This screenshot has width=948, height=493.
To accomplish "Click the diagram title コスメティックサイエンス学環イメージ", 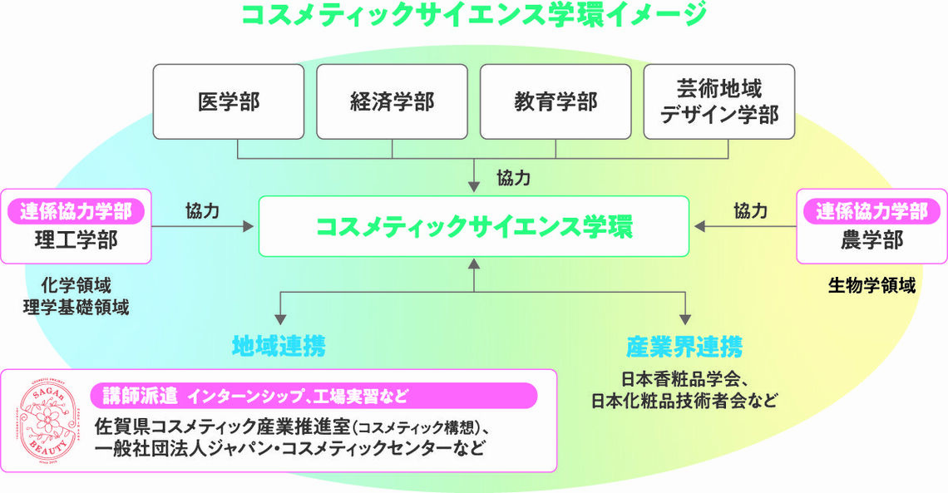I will click(x=473, y=14).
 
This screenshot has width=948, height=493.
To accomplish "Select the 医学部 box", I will click(x=229, y=101).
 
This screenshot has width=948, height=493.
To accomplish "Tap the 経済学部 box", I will click(x=392, y=101).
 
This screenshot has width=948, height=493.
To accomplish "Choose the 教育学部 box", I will click(x=555, y=101).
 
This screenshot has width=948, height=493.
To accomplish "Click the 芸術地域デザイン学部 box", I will click(x=719, y=101).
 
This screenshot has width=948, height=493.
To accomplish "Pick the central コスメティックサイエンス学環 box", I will click(x=474, y=226).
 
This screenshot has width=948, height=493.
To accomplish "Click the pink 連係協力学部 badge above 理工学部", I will click(x=77, y=211).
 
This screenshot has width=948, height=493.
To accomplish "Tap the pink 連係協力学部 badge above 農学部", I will click(x=871, y=211).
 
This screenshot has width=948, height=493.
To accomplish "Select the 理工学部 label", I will click(x=77, y=240).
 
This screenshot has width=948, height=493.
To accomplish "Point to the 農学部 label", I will click(x=871, y=240).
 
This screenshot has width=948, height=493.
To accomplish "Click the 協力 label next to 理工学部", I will click(x=202, y=211).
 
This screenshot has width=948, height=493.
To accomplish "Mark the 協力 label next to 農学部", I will click(x=751, y=211).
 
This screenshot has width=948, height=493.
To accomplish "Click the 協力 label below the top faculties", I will click(x=514, y=177).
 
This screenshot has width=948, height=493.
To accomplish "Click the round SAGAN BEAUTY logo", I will click(x=47, y=422).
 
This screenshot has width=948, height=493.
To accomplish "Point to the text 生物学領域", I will click(x=871, y=286).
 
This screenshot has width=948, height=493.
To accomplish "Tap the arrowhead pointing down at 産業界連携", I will click(x=686, y=318).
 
